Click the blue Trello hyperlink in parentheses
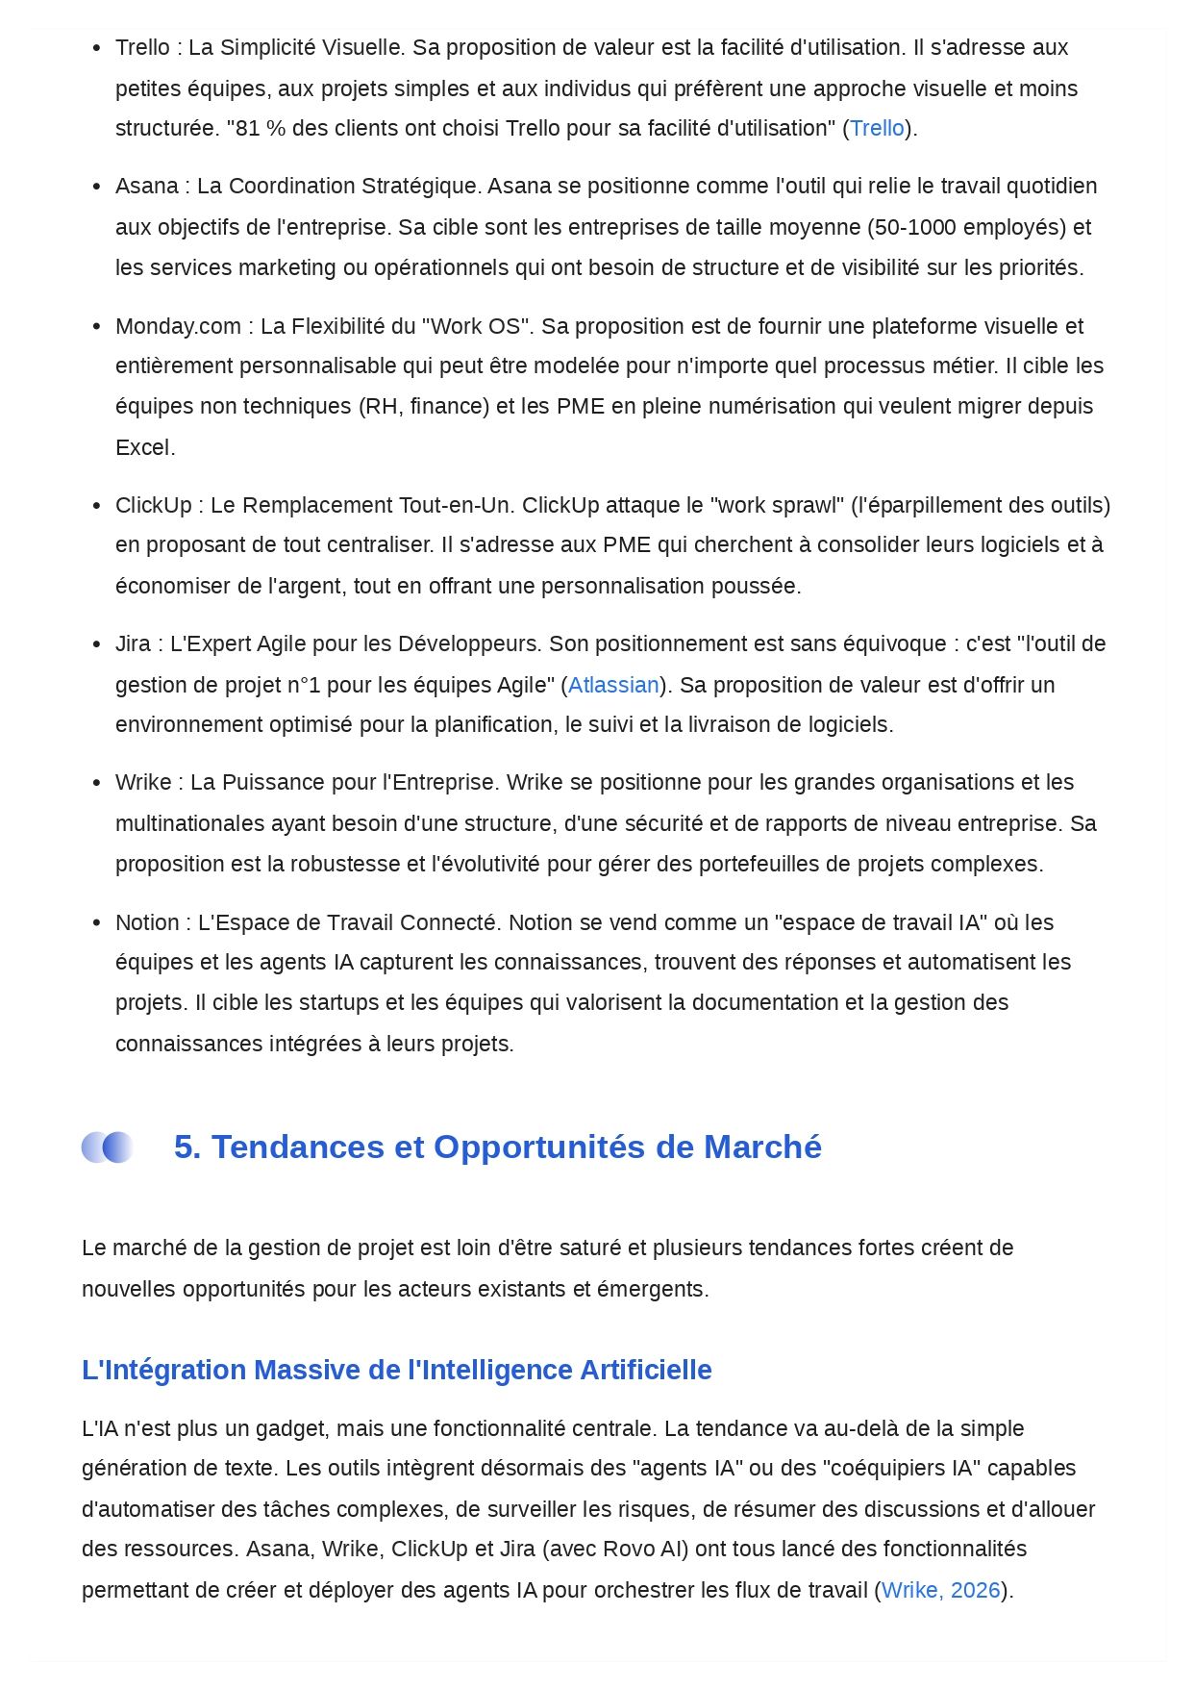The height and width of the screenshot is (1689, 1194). coord(877,128)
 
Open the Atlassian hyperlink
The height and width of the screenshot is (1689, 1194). coord(613,685)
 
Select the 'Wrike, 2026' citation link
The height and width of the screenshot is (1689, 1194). coord(940,1590)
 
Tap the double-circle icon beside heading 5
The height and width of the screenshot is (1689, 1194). coord(107,1147)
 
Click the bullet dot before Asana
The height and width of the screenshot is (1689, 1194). coord(96,187)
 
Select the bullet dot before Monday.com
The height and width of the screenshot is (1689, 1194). coord(96,327)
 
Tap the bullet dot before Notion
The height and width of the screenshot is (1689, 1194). coord(96,923)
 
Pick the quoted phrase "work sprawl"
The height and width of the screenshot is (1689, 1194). coord(779,506)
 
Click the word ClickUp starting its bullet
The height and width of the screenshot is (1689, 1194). coord(153,506)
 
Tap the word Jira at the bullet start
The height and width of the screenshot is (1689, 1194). coord(133,643)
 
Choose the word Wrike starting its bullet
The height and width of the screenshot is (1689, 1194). coord(143,783)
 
